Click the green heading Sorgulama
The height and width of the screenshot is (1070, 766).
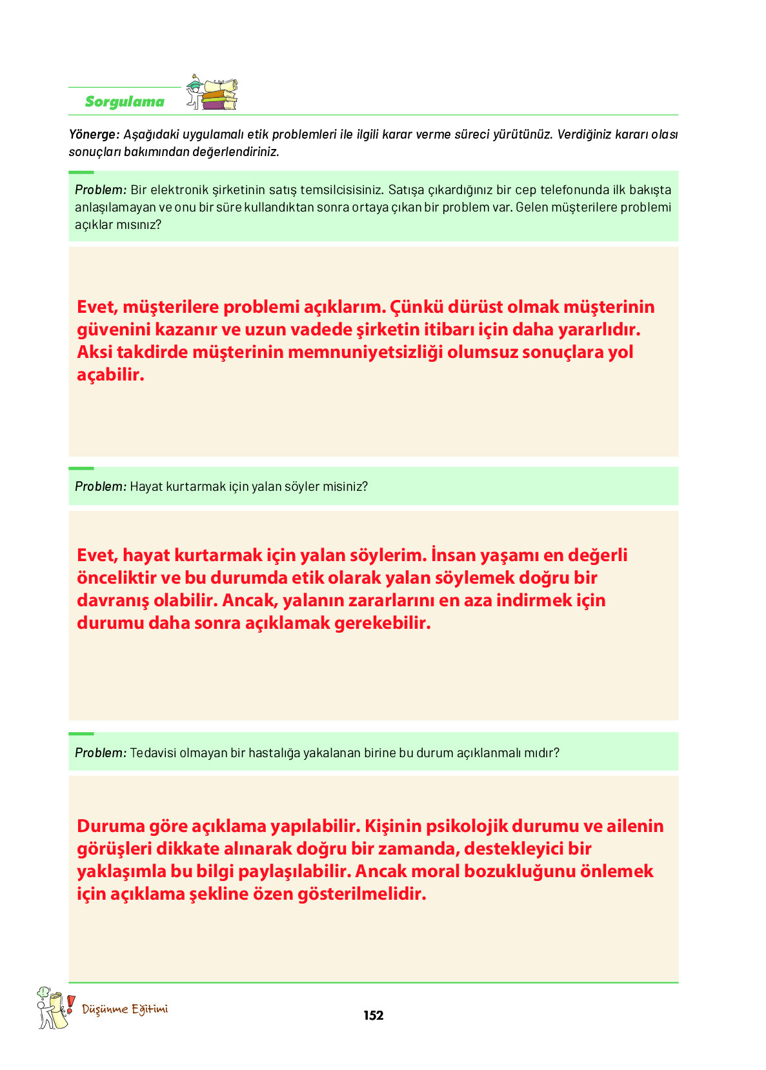click(125, 101)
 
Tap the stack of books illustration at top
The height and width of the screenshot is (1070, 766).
click(219, 94)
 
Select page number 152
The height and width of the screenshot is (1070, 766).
click(373, 1015)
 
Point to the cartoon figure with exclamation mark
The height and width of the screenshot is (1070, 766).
click(52, 1008)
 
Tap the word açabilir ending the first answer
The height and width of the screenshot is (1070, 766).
click(110, 375)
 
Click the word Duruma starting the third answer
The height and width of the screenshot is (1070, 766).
click(110, 826)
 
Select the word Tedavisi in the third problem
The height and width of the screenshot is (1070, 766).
click(153, 753)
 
